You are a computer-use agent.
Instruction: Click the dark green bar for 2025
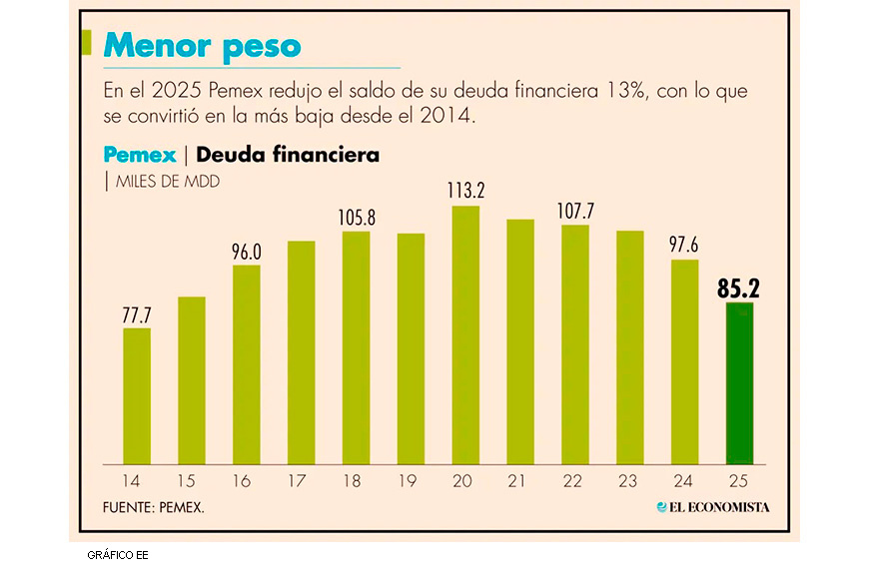click(x=739, y=383)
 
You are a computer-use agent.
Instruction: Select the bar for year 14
click(x=137, y=396)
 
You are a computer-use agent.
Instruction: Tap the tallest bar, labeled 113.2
click(x=465, y=335)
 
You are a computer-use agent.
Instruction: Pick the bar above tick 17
click(x=302, y=353)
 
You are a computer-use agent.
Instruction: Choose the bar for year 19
click(x=411, y=349)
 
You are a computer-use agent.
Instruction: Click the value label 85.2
click(x=739, y=289)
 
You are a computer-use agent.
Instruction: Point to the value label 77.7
click(x=137, y=314)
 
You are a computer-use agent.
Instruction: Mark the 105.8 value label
click(x=356, y=218)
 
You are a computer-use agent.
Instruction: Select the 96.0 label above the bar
click(x=247, y=252)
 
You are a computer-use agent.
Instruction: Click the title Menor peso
click(x=203, y=46)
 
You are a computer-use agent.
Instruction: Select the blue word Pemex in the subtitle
click(x=139, y=155)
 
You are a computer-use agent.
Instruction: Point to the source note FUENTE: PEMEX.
click(x=154, y=508)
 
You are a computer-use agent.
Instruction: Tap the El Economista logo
click(x=713, y=507)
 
